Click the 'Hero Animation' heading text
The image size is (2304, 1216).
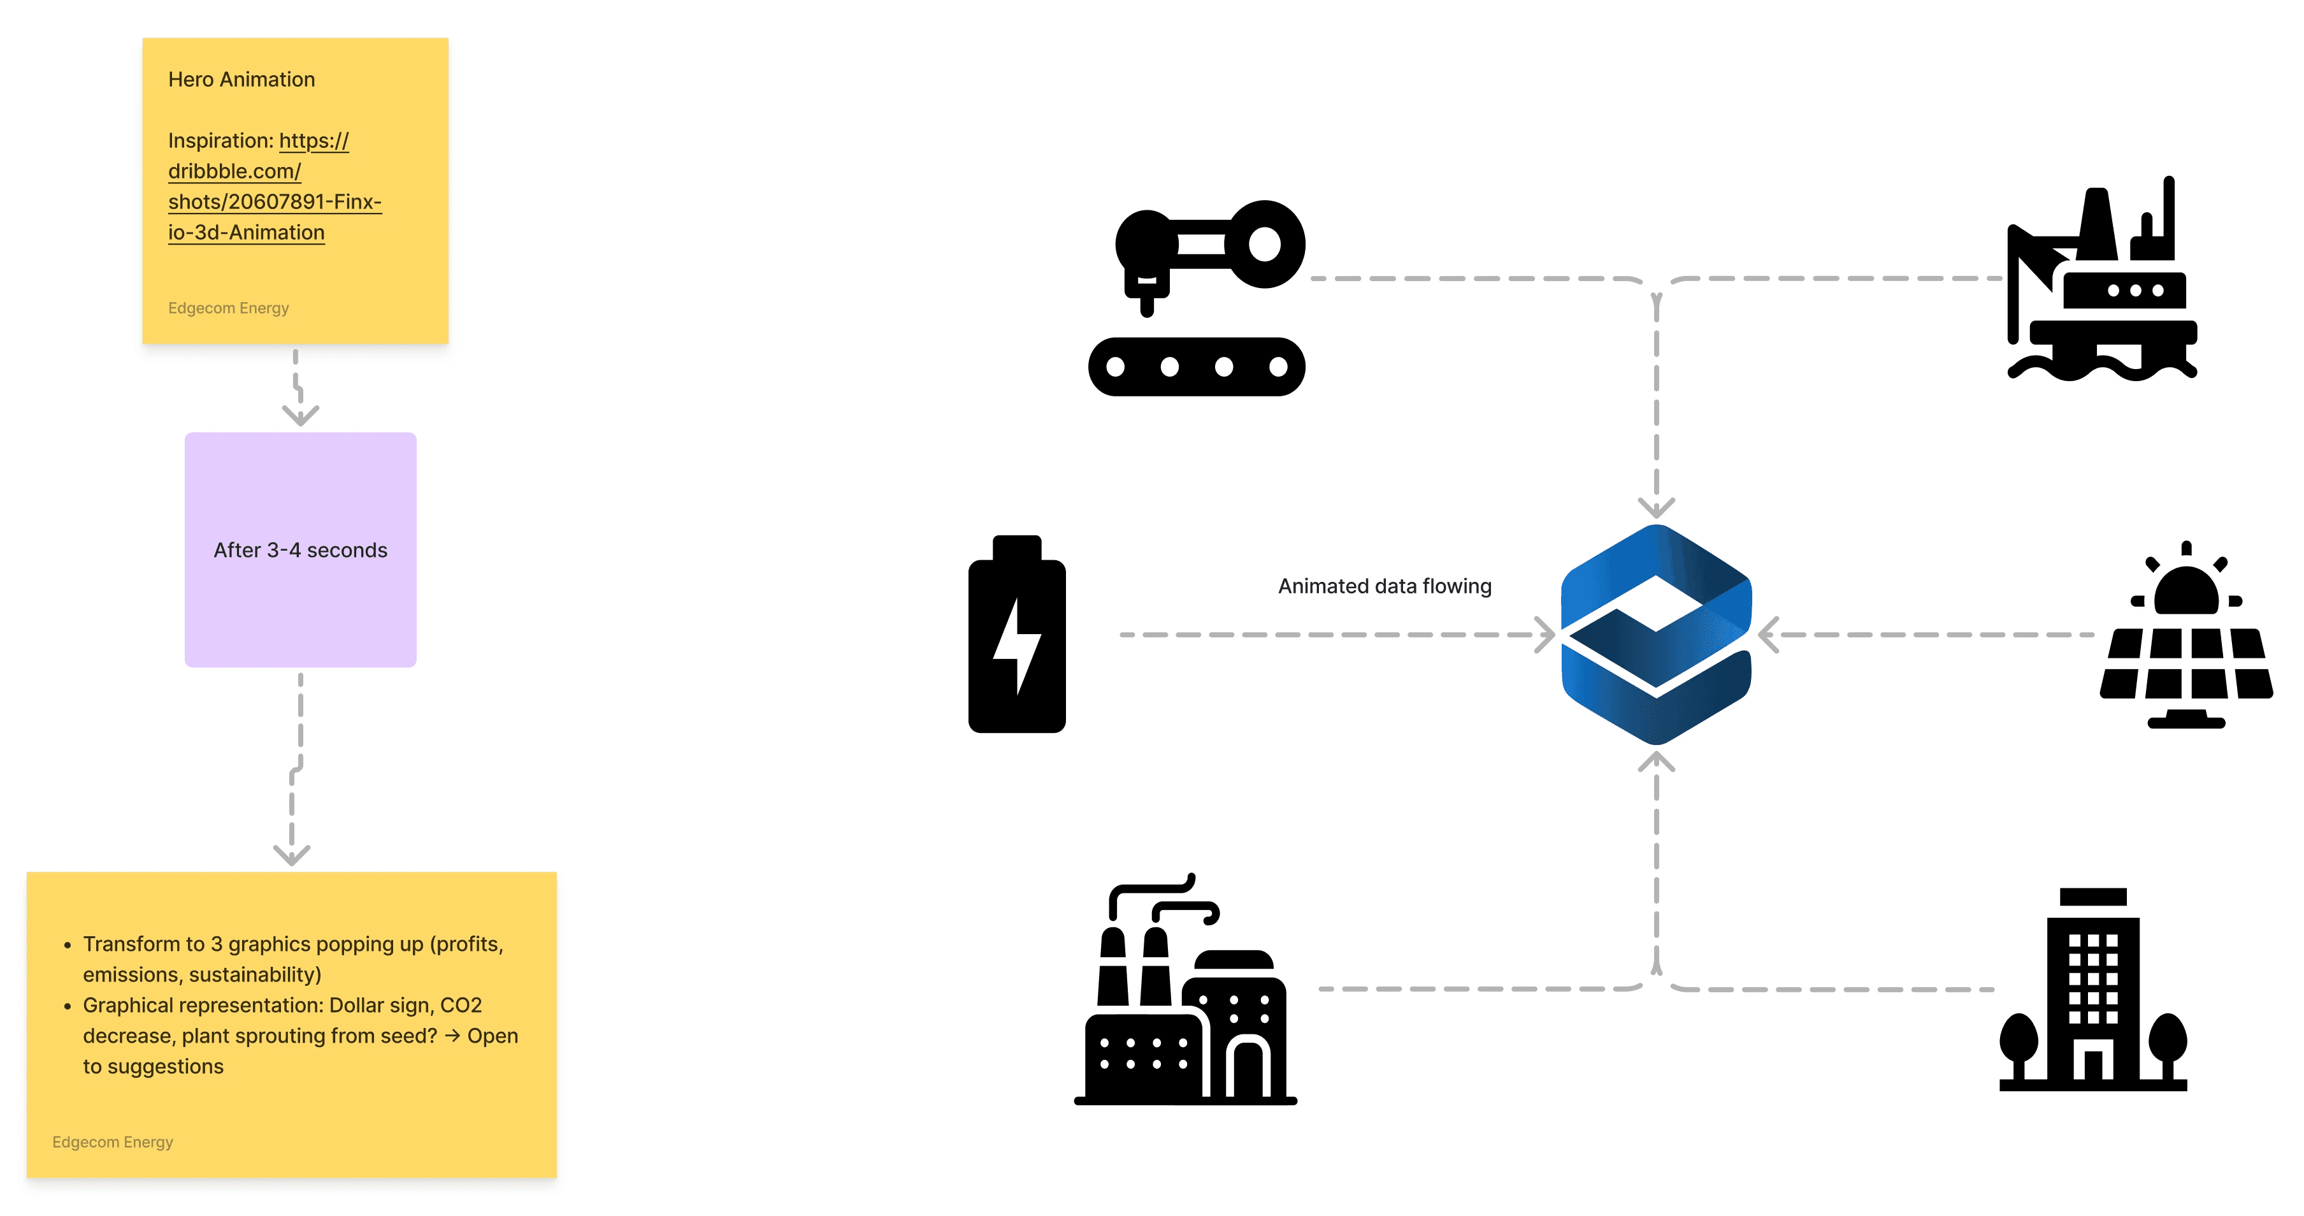(241, 80)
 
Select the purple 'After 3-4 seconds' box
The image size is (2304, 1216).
(301, 549)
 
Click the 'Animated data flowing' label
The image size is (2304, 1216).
(1385, 586)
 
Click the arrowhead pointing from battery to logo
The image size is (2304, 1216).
(1544, 634)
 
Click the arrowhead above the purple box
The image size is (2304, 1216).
(301, 415)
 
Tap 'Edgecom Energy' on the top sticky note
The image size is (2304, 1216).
(228, 308)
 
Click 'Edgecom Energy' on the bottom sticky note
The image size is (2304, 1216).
(113, 1141)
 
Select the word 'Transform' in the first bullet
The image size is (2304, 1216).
(131, 944)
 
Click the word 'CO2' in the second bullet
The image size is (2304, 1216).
(461, 1005)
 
